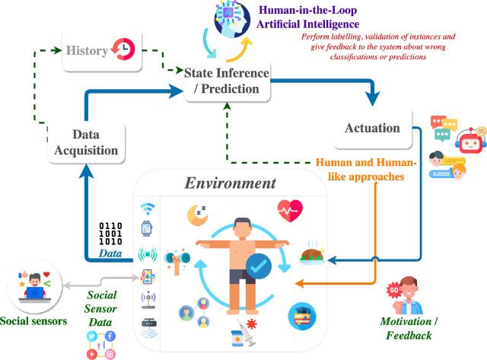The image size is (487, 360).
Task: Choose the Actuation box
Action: [x=372, y=127]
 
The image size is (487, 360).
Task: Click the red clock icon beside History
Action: [x=123, y=49]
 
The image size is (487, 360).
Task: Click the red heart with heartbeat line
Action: [x=289, y=208]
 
